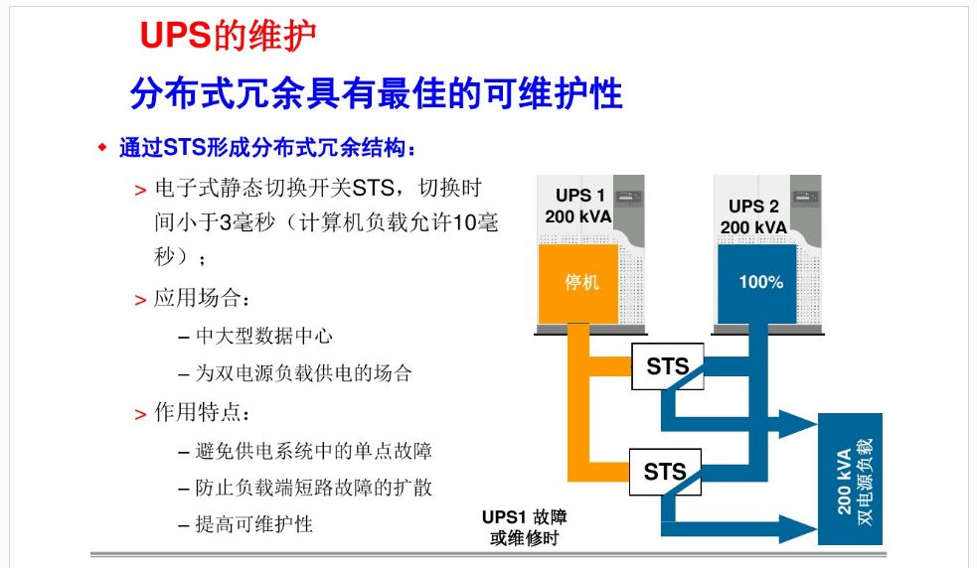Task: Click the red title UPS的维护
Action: pos(228,35)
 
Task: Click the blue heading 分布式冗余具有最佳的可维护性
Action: pos(377,93)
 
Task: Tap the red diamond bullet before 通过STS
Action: pos(102,148)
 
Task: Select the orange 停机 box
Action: pos(578,283)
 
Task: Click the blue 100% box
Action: pos(757,283)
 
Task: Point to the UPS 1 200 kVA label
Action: pos(578,206)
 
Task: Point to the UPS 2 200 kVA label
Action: pos(754,216)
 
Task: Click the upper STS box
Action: pos(667,366)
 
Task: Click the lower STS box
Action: pos(665,472)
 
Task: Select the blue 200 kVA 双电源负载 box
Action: pos(850,479)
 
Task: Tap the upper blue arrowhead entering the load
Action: pos(798,424)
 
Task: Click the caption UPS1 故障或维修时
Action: pos(524,527)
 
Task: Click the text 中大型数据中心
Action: pos(264,337)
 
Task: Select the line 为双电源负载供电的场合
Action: pos(303,373)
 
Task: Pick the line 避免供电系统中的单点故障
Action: pos(313,450)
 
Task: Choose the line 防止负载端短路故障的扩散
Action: pos(313,488)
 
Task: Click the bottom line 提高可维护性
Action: pos(253,524)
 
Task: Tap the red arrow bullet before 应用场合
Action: pos(140,301)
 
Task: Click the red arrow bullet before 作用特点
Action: pos(140,415)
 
